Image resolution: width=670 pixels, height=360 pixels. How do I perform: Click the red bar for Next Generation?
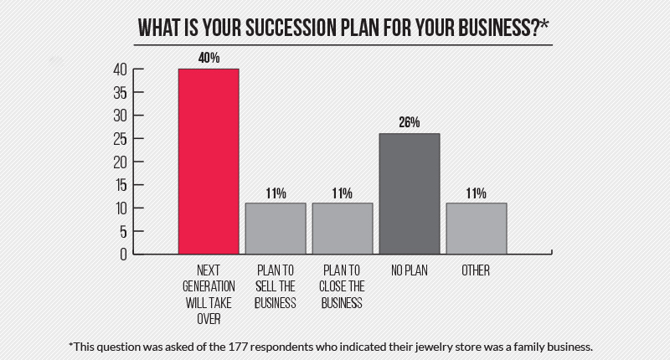(x=209, y=161)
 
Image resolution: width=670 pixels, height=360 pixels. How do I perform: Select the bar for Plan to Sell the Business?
(x=276, y=228)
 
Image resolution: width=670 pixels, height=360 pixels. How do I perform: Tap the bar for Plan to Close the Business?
(x=343, y=228)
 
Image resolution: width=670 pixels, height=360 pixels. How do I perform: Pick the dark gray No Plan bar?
(x=410, y=193)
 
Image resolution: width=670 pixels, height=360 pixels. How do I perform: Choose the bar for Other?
(x=477, y=228)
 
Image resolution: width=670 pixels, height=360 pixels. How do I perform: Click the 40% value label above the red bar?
(x=209, y=59)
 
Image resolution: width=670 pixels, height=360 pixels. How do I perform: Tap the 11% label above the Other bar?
(x=477, y=193)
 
